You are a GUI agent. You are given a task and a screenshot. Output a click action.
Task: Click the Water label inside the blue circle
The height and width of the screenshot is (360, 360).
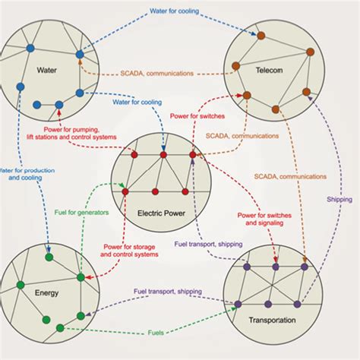coord(48,72)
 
